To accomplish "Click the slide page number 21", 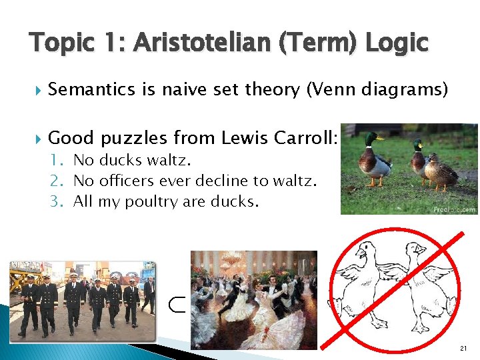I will (x=464, y=349).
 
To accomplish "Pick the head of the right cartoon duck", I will (x=417, y=251).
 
